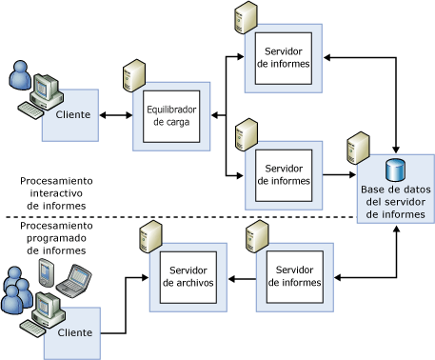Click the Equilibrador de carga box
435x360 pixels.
pyautogui.click(x=171, y=116)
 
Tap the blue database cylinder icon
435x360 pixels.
pyautogui.click(x=395, y=171)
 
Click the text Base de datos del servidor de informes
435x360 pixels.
pyautogui.click(x=396, y=201)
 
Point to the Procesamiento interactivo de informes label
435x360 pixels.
pyautogui.click(x=56, y=192)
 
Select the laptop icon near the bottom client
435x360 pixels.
pyautogui.click(x=74, y=280)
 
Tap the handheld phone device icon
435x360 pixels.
pyautogui.click(x=44, y=273)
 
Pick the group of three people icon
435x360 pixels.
pyautogui.click(x=16, y=291)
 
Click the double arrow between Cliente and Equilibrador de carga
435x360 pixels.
pyautogui.click(x=115, y=116)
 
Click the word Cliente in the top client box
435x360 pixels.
pyautogui.click(x=73, y=115)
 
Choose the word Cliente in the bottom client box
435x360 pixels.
pyautogui.click(x=75, y=332)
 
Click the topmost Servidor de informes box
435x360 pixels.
pyautogui.click(x=283, y=56)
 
